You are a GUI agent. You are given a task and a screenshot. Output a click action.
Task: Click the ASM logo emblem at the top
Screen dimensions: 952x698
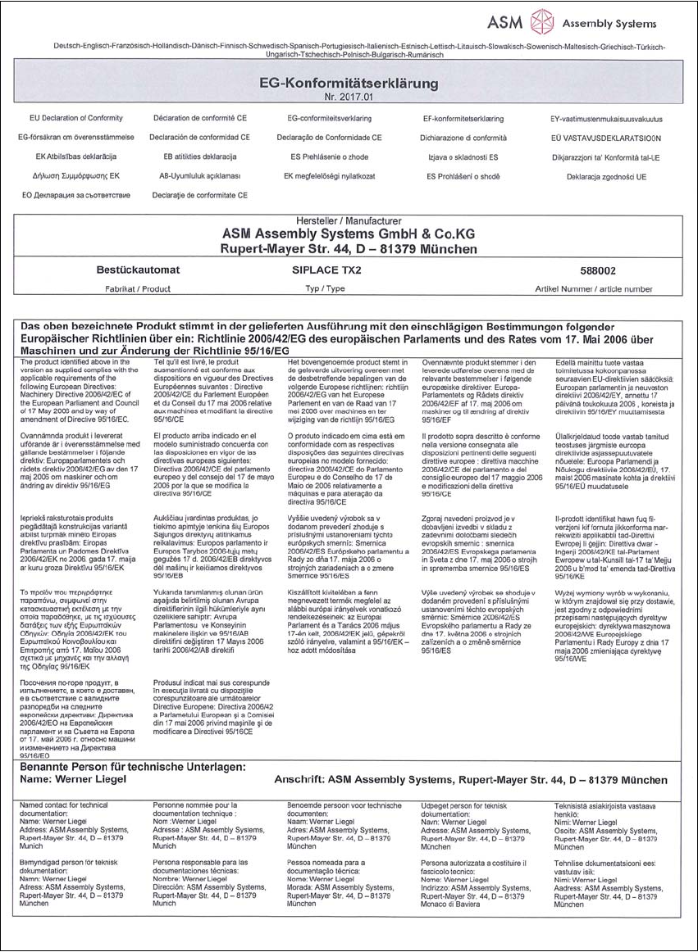click(544, 21)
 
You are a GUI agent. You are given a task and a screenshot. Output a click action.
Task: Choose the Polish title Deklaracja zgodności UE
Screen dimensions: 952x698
click(606, 176)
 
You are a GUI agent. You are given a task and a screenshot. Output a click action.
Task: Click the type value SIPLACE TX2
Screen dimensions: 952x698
click(329, 269)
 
